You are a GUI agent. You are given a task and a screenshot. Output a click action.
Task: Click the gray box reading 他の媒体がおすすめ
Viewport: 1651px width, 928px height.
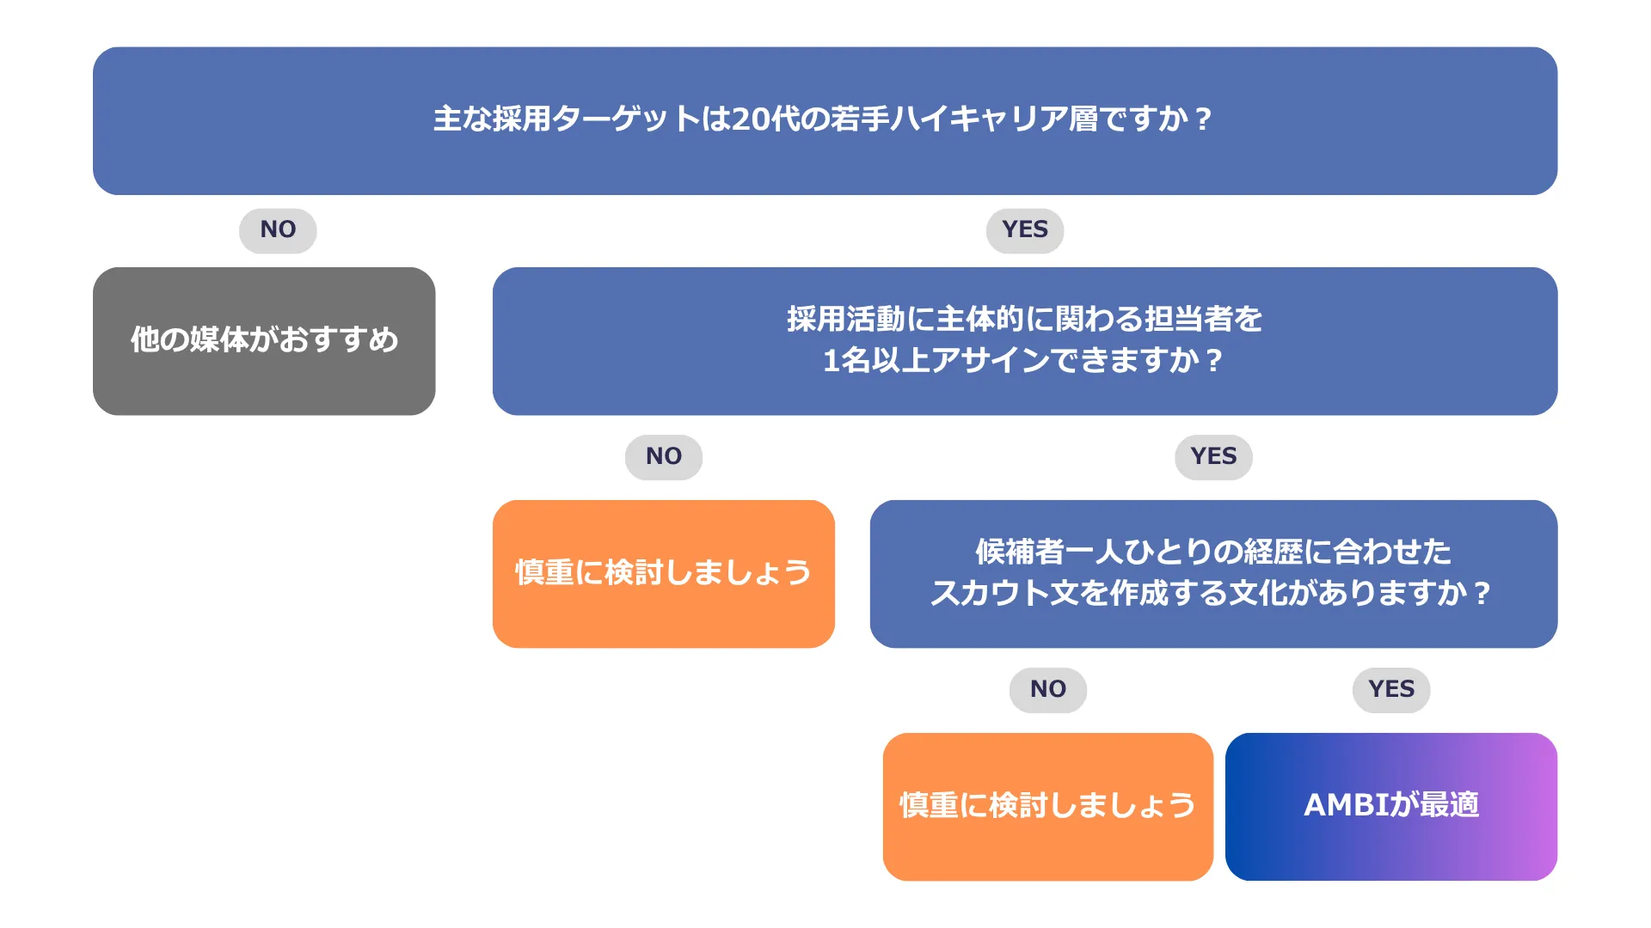tap(264, 341)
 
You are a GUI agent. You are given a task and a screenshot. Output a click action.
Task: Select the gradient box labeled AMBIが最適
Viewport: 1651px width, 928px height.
tap(1391, 806)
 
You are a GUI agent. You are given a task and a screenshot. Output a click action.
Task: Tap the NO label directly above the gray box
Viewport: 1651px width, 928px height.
tap(278, 230)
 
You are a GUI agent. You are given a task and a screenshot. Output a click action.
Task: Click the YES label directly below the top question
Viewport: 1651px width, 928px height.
tap(1025, 230)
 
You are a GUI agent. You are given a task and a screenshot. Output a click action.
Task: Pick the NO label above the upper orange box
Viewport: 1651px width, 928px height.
tap(664, 457)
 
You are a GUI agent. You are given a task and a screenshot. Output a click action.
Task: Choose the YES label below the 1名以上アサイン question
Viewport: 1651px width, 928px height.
tap(1213, 457)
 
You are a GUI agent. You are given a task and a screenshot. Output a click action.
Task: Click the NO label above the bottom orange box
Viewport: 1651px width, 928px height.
tap(1048, 690)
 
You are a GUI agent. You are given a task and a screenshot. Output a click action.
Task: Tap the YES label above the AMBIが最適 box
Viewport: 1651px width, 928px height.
tap(1391, 690)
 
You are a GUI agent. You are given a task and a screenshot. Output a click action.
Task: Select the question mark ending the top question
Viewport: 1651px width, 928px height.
tap(1203, 119)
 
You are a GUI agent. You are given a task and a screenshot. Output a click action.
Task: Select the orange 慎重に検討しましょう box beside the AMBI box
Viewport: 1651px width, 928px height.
tap(1048, 806)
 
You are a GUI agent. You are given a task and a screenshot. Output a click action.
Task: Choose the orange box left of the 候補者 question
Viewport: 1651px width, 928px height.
tap(664, 574)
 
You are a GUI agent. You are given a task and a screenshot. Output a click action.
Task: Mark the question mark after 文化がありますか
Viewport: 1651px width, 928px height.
tap(1482, 593)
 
